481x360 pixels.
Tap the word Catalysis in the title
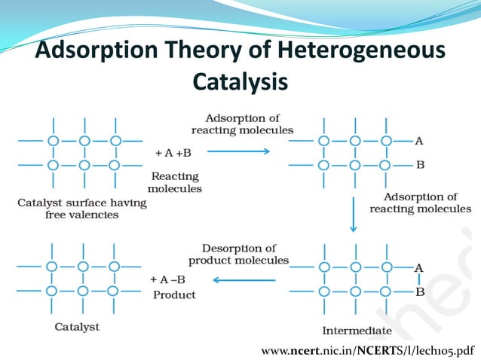coord(240,81)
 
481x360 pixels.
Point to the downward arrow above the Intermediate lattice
coord(352,215)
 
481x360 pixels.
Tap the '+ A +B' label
coord(173,153)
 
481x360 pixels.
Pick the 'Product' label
coord(174,295)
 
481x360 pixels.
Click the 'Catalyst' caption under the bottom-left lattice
coord(77,327)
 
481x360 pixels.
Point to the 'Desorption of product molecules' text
coord(238,254)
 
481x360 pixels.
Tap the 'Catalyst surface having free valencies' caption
coord(72,208)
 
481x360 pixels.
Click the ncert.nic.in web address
coord(369,350)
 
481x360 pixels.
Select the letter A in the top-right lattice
coord(419,141)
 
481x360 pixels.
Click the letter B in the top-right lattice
coord(420,164)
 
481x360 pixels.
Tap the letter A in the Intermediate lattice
coord(419,267)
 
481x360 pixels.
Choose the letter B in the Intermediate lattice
coord(420,291)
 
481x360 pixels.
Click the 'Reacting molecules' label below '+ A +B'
coord(175,182)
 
